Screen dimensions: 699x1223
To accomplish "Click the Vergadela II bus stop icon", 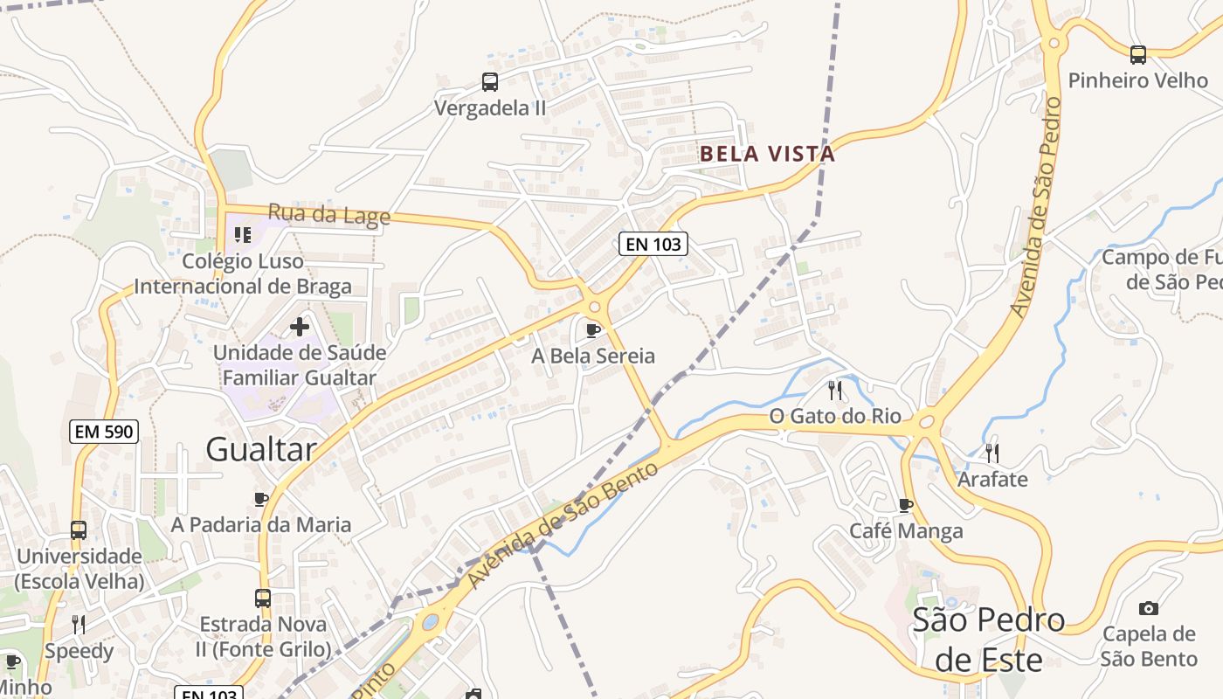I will [x=490, y=82].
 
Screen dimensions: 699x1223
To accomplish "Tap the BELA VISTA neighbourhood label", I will [x=767, y=155].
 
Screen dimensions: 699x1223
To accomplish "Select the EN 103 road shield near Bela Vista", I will [x=653, y=244].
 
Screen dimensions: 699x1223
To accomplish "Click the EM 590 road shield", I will [x=104, y=431].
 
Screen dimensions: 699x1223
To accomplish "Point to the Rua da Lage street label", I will [x=328, y=213].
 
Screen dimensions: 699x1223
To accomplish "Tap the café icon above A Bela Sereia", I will [x=593, y=330].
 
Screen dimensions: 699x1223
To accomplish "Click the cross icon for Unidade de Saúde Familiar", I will [x=300, y=327].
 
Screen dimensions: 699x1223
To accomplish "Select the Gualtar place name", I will [x=261, y=449].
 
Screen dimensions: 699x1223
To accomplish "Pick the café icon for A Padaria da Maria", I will [x=261, y=499].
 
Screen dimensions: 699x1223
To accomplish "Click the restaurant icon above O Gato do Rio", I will [x=835, y=390].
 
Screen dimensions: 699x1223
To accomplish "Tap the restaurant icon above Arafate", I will [x=992, y=453].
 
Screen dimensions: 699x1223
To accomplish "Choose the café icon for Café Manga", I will [x=906, y=505].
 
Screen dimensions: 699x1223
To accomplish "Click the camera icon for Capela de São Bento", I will [x=1149, y=608].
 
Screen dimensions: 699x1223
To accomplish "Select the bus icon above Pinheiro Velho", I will [x=1138, y=55].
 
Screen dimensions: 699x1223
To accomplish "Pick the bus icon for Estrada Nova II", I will [x=263, y=599].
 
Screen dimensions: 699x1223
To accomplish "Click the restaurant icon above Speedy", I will [x=79, y=624].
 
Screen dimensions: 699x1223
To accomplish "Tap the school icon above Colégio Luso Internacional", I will [x=243, y=234].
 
